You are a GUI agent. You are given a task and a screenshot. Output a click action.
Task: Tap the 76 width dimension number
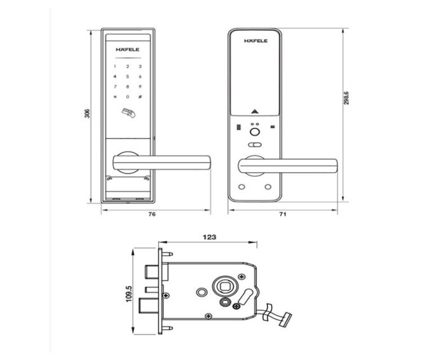(152, 214)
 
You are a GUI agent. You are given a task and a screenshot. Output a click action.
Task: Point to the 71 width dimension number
(284, 214)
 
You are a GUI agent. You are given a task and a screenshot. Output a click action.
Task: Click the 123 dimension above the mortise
(209, 237)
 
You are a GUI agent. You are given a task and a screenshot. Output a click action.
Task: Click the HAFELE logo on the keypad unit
(127, 48)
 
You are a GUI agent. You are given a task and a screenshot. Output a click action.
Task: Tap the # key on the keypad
(139, 97)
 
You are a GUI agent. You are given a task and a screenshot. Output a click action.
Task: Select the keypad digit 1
(116, 66)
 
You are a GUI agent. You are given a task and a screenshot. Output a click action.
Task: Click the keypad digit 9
(139, 87)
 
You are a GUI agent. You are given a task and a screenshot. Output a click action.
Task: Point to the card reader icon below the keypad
(128, 114)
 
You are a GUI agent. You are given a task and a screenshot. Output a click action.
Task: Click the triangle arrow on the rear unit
(256, 110)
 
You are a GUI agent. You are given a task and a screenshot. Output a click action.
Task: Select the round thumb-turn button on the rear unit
(256, 134)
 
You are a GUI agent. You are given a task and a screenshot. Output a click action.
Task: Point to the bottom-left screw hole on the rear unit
(242, 187)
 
